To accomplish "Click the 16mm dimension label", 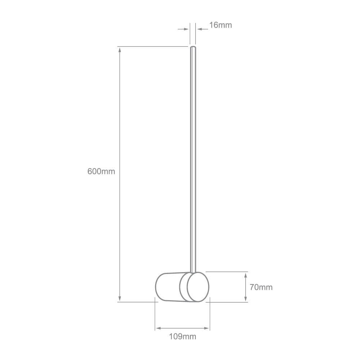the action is [220, 25].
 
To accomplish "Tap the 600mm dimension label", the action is [101, 171].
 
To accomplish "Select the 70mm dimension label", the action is [261, 287].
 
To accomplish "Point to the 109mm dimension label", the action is [183, 337].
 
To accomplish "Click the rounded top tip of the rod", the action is [193, 47].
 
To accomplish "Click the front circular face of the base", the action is [198, 287].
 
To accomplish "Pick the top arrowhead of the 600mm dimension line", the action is [120, 50].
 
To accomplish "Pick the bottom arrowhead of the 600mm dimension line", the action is [120, 298].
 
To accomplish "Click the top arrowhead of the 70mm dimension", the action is [246, 275].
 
